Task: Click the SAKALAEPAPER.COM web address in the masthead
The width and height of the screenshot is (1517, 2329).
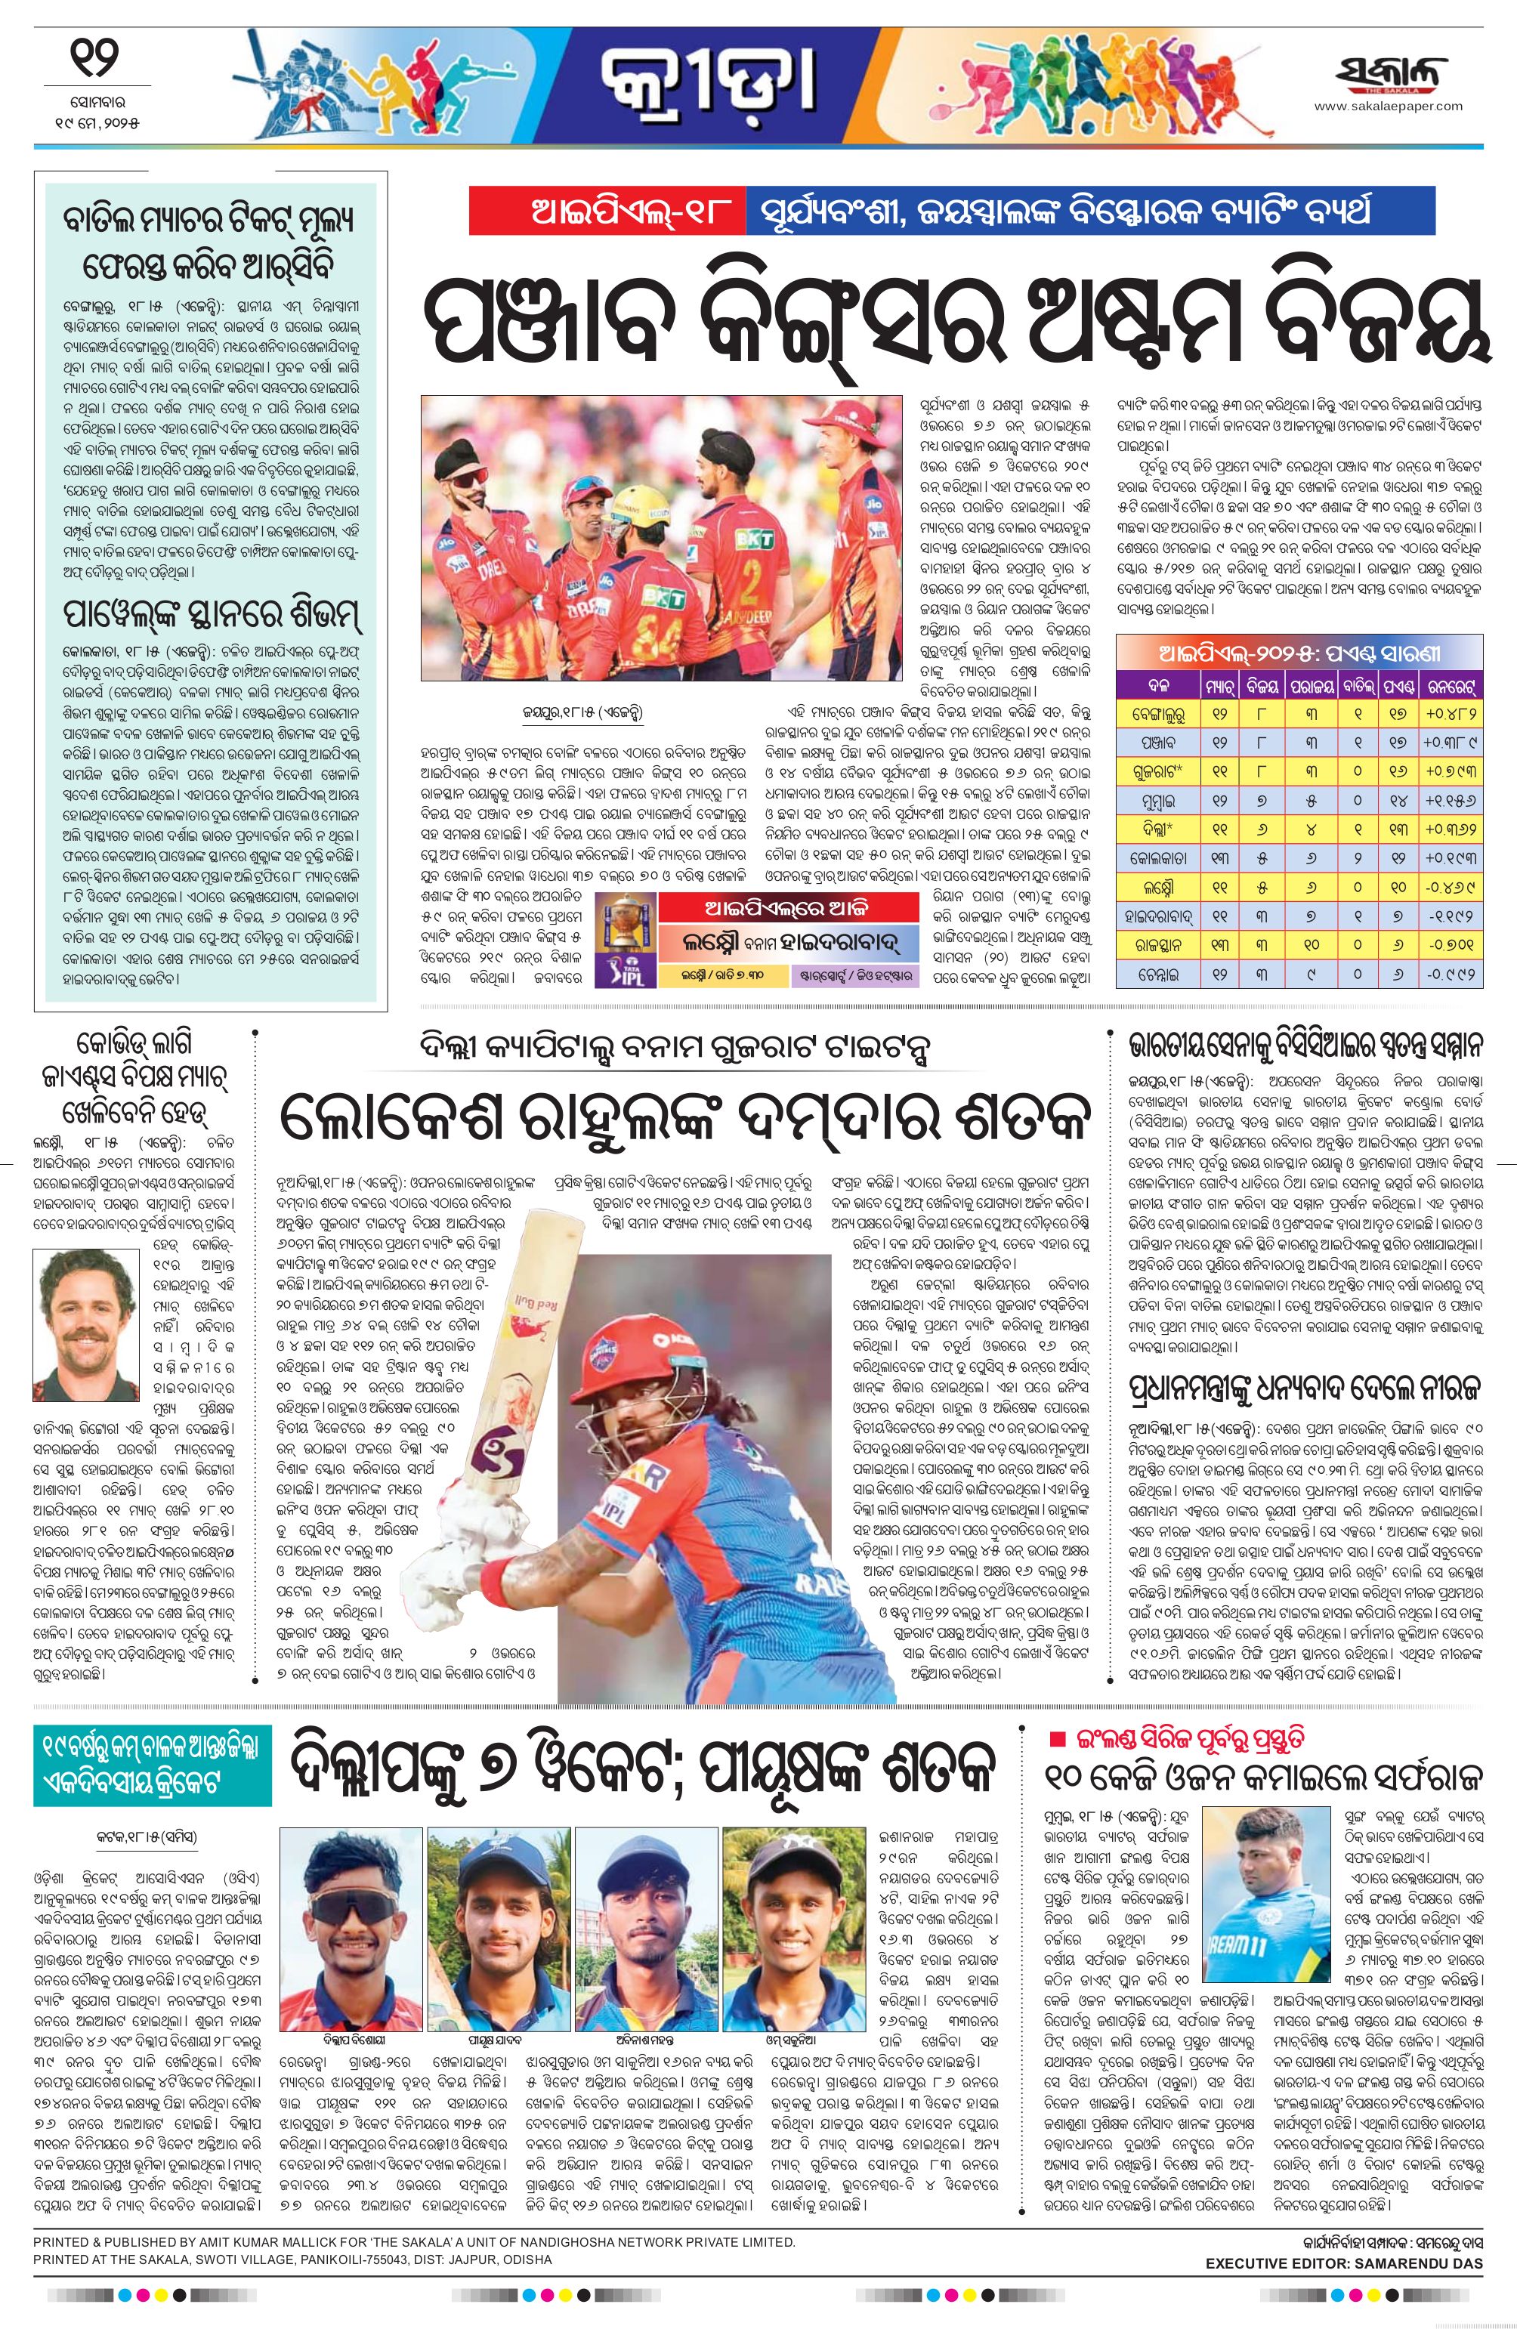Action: point(1388,107)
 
